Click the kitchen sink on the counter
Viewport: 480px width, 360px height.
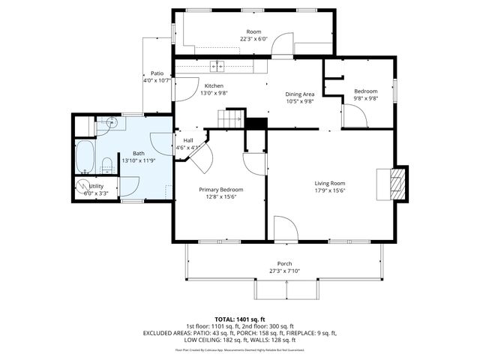pyautogui.click(x=217, y=66)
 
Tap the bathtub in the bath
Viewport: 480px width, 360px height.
pyautogui.click(x=85, y=155)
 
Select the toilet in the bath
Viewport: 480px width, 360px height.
pyautogui.click(x=107, y=163)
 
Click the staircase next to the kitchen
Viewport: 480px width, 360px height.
pyautogui.click(x=231, y=118)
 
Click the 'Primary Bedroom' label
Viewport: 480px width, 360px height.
pyautogui.click(x=220, y=190)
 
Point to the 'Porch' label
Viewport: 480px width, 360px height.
pyautogui.click(x=284, y=263)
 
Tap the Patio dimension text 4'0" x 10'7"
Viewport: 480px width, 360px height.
pyautogui.click(x=157, y=80)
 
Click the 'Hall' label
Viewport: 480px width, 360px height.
pyautogui.click(x=187, y=140)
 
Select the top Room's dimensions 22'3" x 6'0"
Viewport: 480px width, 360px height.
pyautogui.click(x=253, y=38)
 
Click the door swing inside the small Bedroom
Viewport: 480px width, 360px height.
pyautogui.click(x=357, y=115)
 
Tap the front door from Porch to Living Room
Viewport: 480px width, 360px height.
pyautogui.click(x=285, y=229)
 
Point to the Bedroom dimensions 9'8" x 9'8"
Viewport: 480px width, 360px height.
pyautogui.click(x=365, y=98)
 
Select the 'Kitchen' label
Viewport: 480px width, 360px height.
pyautogui.click(x=214, y=85)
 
